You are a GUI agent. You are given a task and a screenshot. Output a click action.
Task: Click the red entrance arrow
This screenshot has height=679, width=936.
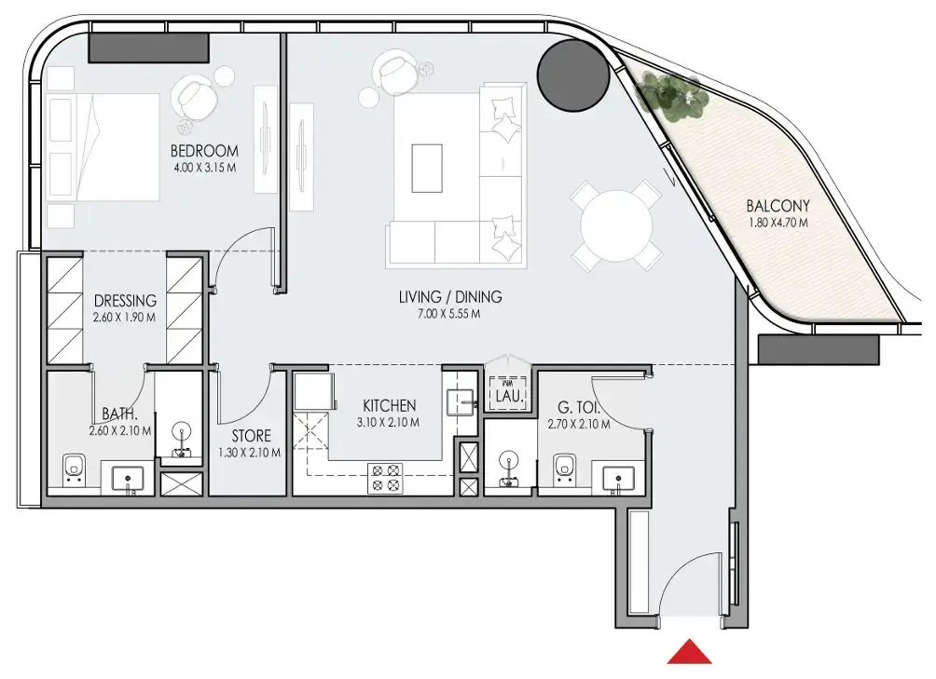[x=690, y=652]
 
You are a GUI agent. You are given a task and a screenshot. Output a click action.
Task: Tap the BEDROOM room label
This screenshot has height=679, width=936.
[x=204, y=151]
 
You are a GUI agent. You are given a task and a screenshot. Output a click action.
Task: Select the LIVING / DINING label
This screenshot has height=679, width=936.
[x=450, y=296]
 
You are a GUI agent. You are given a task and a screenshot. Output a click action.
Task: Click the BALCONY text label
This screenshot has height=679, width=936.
[x=778, y=206]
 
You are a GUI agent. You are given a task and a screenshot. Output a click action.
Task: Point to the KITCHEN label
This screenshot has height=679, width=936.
[x=389, y=406]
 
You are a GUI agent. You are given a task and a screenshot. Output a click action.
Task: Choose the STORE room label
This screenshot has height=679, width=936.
[x=252, y=436]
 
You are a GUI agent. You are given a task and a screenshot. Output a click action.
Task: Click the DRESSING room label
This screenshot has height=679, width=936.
[x=125, y=301]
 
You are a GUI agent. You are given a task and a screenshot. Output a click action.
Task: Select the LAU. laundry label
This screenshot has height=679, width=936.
[x=509, y=395]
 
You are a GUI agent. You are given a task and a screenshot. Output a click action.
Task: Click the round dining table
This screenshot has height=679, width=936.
[x=616, y=226]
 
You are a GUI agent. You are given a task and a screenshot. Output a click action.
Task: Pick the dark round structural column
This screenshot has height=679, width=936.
[x=573, y=75]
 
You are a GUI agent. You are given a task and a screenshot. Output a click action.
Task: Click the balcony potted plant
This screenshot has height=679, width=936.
[x=668, y=93]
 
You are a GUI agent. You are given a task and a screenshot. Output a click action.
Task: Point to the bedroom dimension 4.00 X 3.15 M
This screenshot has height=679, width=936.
[x=204, y=168]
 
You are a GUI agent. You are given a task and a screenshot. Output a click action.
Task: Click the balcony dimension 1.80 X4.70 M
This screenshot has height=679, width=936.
[x=778, y=223]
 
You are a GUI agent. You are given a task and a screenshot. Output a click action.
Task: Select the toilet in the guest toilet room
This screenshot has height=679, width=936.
[x=564, y=468]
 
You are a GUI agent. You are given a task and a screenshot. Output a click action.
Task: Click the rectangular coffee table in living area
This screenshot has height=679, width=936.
[x=427, y=168]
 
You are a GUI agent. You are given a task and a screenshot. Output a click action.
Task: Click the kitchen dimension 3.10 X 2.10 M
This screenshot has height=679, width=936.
[x=388, y=423]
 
